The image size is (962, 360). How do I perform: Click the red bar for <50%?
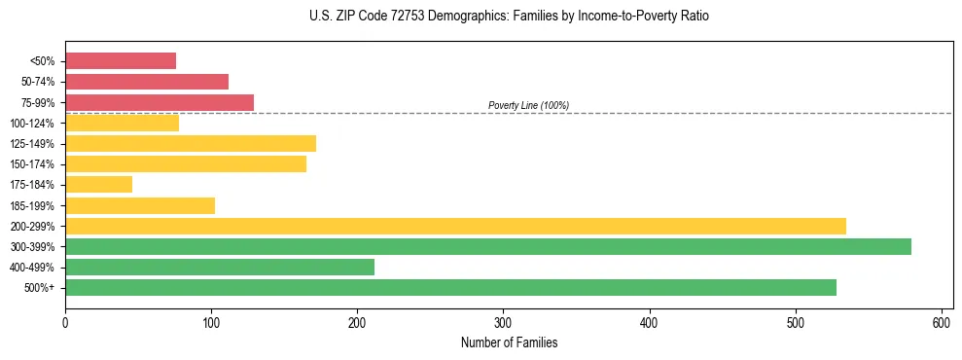click(x=121, y=61)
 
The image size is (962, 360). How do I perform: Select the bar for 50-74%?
click(x=147, y=82)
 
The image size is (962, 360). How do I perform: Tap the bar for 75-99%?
click(x=160, y=102)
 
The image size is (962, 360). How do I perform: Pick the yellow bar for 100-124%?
click(x=123, y=123)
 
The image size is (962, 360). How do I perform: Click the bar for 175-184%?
click(x=99, y=184)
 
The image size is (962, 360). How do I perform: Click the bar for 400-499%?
click(x=220, y=267)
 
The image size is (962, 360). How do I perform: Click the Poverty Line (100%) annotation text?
click(x=528, y=105)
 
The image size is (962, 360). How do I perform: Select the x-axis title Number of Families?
click(x=510, y=342)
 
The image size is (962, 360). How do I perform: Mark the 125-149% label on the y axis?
click(x=32, y=144)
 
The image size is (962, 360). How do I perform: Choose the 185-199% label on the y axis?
click(x=32, y=205)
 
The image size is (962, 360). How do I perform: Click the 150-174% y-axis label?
click(x=32, y=164)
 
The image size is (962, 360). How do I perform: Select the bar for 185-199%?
click(x=140, y=205)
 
